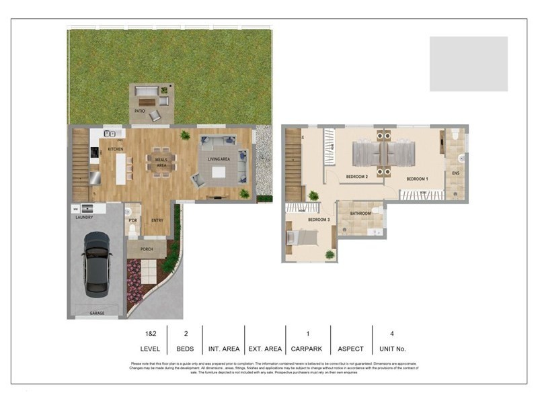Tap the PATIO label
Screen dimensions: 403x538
(x=139, y=111)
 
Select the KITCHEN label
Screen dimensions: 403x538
(x=116, y=148)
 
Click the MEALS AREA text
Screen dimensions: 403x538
(x=161, y=162)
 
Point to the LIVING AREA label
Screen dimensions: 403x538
(x=219, y=159)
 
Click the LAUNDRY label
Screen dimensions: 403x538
(x=84, y=218)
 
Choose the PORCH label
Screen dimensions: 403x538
(x=147, y=249)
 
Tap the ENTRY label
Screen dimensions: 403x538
(x=157, y=220)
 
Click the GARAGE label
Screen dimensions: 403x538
(x=98, y=313)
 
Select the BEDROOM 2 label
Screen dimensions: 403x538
(x=356, y=177)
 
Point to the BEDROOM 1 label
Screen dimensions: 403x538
(x=417, y=179)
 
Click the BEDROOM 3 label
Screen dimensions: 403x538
(x=319, y=220)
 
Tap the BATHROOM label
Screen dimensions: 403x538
(x=361, y=214)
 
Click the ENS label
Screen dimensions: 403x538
(x=455, y=173)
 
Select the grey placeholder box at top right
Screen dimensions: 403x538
(x=469, y=64)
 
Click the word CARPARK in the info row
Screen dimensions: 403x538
(x=308, y=349)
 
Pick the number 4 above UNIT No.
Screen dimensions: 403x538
(x=393, y=332)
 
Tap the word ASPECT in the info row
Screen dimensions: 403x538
(x=350, y=349)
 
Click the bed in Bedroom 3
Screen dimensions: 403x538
(x=301, y=238)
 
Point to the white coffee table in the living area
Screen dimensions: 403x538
(x=219, y=172)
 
